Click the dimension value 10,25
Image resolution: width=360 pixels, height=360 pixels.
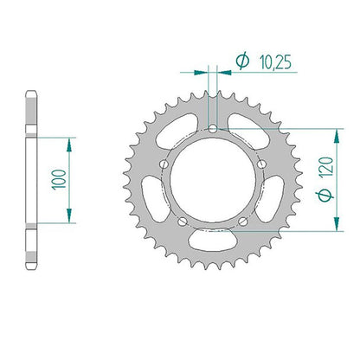[275, 62]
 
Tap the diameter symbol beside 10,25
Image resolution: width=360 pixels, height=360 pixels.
[242, 61]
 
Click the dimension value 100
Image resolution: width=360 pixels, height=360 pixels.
[59, 179]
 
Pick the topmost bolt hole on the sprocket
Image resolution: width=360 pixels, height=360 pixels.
[213, 129]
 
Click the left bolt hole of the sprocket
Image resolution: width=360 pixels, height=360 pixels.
[164, 164]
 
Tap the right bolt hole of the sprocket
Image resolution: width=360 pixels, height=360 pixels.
[261, 164]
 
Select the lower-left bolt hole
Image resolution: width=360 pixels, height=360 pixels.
[183, 222]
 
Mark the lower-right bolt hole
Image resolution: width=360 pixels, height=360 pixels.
[243, 222]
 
